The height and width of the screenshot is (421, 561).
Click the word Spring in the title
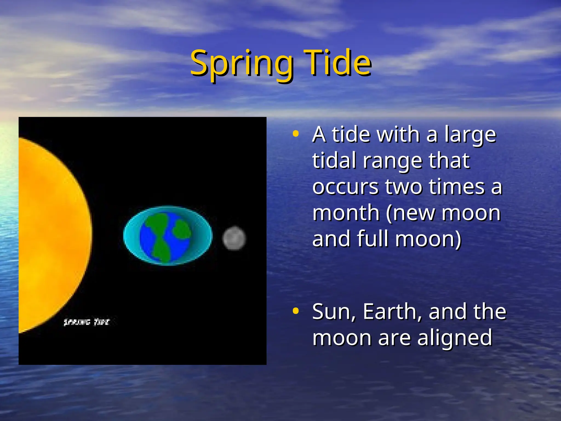(x=241, y=64)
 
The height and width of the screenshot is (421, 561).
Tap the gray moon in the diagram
(x=234, y=238)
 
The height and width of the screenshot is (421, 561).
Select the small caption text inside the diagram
(x=86, y=322)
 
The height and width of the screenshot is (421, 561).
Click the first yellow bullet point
(x=295, y=134)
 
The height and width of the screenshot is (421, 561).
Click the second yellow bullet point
(x=295, y=311)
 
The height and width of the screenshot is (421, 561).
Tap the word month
(x=346, y=213)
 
